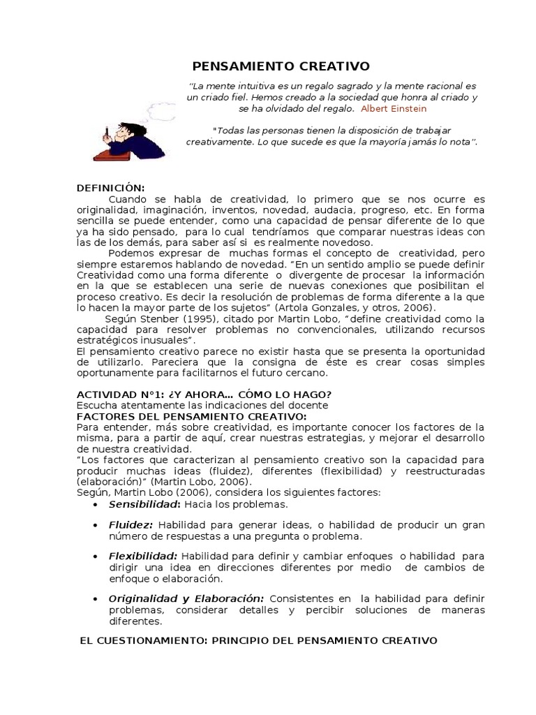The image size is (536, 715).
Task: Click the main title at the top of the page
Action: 281,67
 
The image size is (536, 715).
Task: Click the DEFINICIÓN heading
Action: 110,188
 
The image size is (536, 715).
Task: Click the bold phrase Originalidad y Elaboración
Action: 186,599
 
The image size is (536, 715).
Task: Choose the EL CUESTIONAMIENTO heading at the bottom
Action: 259,640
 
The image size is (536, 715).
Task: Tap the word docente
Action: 308,406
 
